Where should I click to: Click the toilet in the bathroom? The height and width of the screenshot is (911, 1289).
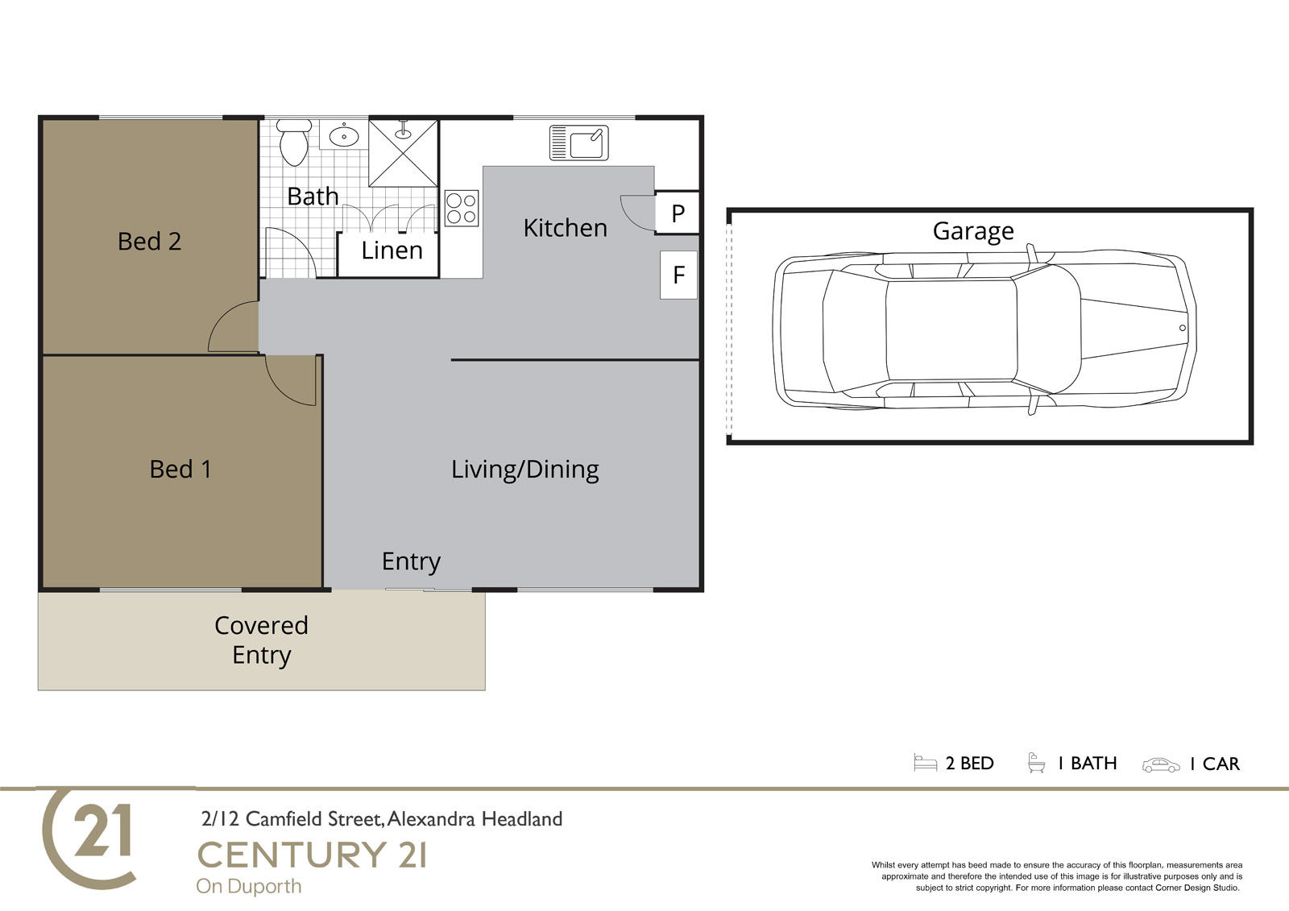pyautogui.click(x=294, y=142)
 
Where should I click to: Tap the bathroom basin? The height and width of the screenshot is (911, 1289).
pyautogui.click(x=344, y=136)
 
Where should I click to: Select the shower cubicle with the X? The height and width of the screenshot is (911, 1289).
pyautogui.click(x=404, y=153)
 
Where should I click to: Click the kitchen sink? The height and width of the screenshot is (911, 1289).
pyautogui.click(x=579, y=142)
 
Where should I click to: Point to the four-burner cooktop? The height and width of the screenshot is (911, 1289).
pyautogui.click(x=462, y=209)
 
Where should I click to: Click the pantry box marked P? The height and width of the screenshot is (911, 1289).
pyautogui.click(x=678, y=213)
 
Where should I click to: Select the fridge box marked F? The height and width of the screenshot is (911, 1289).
pyautogui.click(x=678, y=275)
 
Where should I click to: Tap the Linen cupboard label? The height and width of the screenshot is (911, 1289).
pyautogui.click(x=392, y=251)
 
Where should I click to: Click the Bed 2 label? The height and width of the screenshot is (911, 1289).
pyautogui.click(x=149, y=241)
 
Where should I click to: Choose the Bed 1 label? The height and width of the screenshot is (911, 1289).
pyautogui.click(x=180, y=469)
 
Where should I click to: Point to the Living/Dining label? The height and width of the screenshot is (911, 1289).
pyautogui.click(x=524, y=470)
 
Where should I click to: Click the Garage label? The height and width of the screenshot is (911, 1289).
pyautogui.click(x=973, y=231)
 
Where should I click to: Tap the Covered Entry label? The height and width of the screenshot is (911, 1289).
pyautogui.click(x=261, y=640)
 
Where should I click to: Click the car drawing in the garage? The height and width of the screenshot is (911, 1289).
pyautogui.click(x=984, y=329)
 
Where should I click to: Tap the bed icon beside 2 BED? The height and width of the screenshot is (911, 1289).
pyautogui.click(x=926, y=763)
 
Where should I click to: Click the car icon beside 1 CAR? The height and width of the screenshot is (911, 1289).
pyautogui.click(x=1161, y=765)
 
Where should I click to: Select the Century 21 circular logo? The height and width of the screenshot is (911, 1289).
pyautogui.click(x=89, y=839)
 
